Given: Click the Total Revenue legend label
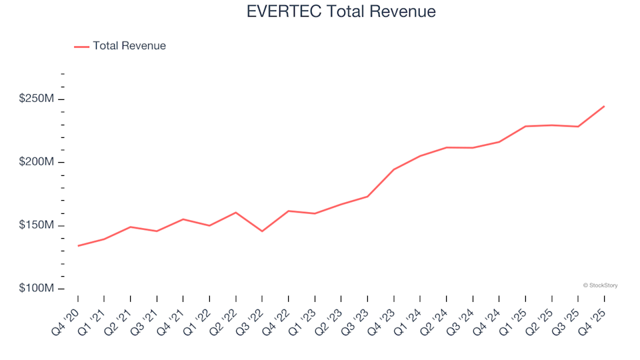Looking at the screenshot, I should click(129, 46).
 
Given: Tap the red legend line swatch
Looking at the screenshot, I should click(81, 47).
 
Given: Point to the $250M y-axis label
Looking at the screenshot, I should click(36, 99).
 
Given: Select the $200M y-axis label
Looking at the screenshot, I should click(36, 163).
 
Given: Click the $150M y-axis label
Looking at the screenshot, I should click(36, 225).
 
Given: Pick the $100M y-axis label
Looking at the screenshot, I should click(36, 289).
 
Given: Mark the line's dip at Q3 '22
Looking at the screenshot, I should click(262, 231).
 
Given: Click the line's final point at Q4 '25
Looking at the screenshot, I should click(605, 106).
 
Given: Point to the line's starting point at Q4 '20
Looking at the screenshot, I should click(78, 246).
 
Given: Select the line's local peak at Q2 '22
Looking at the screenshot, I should click(236, 213).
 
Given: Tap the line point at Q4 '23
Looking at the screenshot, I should click(394, 169).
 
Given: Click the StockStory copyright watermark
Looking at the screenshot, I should click(600, 285).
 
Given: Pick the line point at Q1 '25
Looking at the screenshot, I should click(526, 126).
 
